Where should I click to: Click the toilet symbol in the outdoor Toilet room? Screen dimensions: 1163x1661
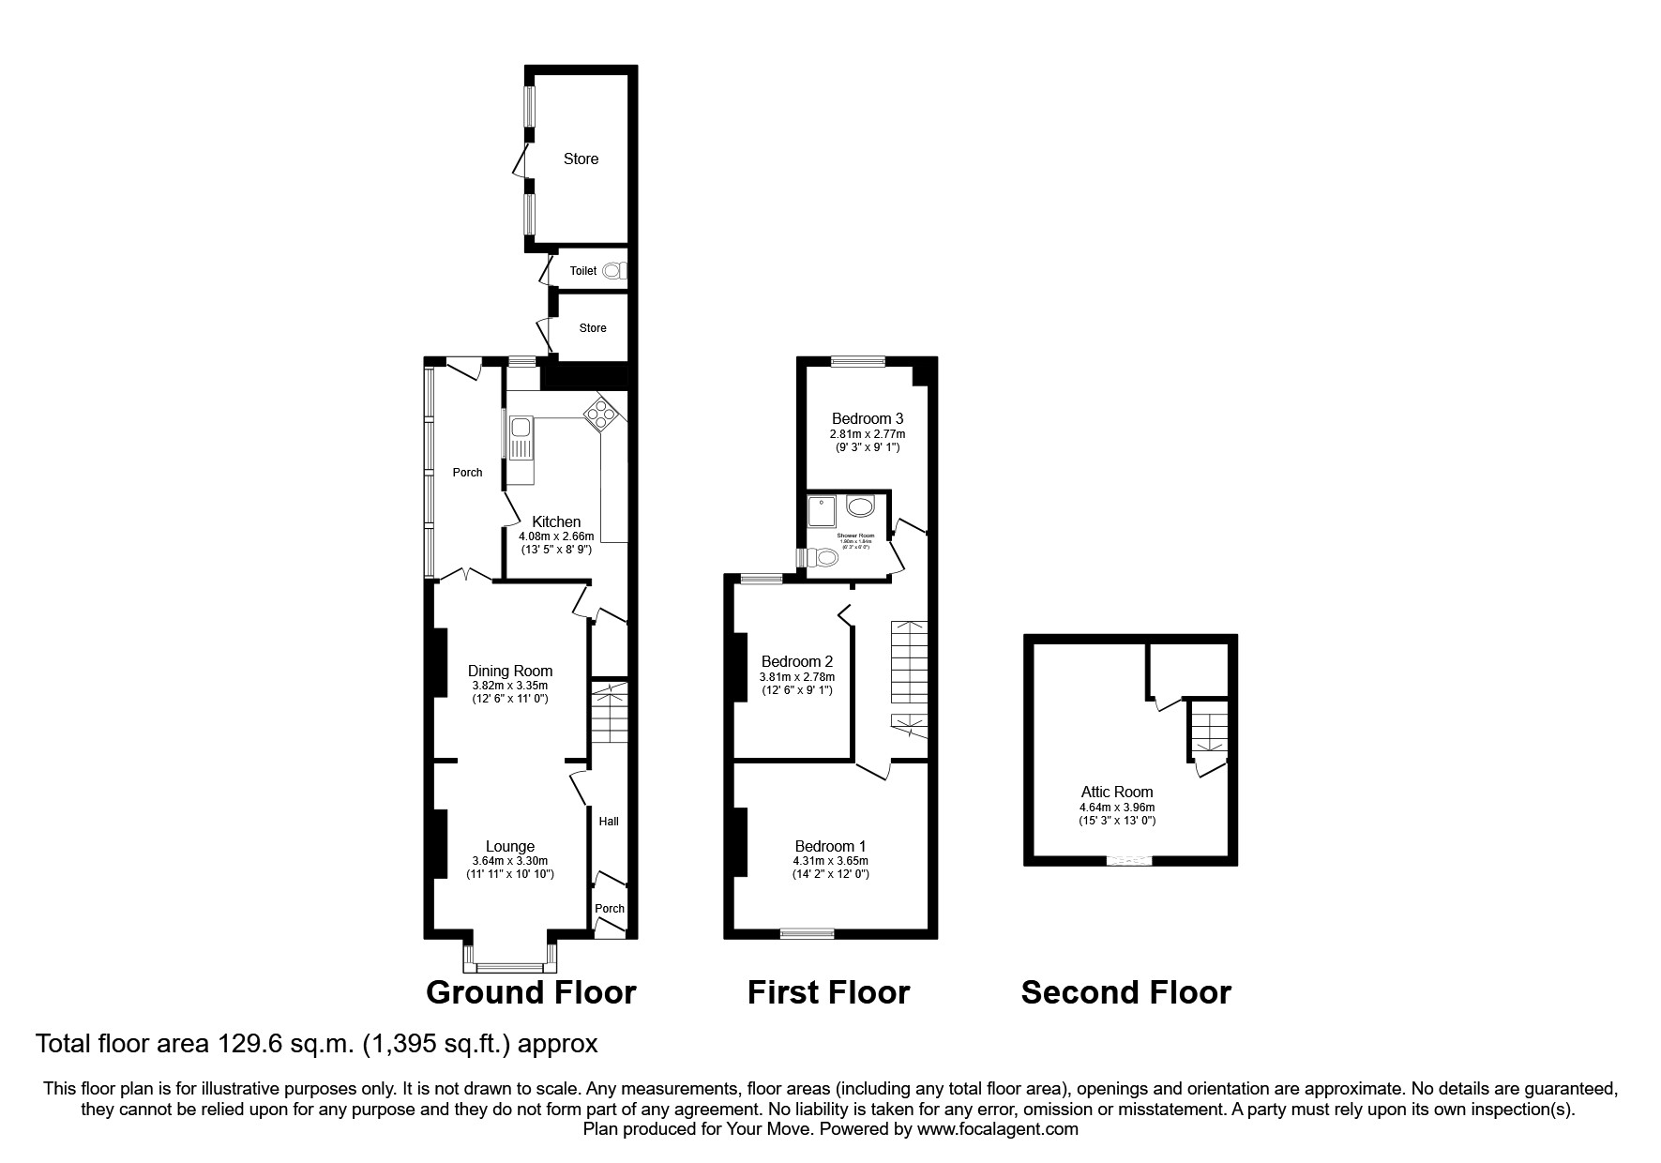click(613, 271)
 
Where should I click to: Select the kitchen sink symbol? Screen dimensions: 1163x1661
click(521, 438)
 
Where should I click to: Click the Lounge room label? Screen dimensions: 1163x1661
click(510, 846)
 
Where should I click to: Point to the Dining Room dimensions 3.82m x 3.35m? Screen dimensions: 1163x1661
click(510, 686)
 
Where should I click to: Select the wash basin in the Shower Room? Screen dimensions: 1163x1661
click(860, 507)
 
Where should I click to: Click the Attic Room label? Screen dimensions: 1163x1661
click(1116, 792)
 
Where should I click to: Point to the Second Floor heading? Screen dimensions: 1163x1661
click(1125, 992)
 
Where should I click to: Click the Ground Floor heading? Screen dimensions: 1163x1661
click(531, 992)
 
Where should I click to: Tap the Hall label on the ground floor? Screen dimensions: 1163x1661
click(609, 822)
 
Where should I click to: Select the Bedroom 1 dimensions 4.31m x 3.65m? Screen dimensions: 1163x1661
click(830, 860)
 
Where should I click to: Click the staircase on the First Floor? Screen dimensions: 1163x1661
click(908, 661)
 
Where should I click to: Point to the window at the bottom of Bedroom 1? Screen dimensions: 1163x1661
click(808, 932)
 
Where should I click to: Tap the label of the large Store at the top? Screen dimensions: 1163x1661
click(581, 159)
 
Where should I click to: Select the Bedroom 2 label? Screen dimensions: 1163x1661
click(797, 661)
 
